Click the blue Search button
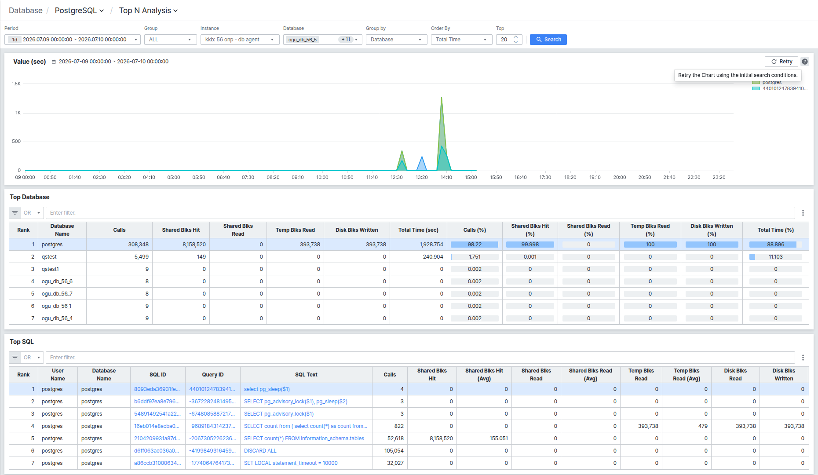pyautogui.click(x=548, y=40)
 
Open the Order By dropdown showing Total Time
pyautogui.click(x=461, y=40)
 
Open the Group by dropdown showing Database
pyautogui.click(x=396, y=40)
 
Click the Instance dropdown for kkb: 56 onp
pyautogui.click(x=240, y=40)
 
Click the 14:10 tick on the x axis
pyautogui.click(x=446, y=177)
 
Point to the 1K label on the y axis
pyautogui.click(x=18, y=113)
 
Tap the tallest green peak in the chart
pyautogui.click(x=442, y=98)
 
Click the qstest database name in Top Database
pyautogui.click(x=49, y=257)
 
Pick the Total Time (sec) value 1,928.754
pyautogui.click(x=431, y=245)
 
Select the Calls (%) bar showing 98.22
pyautogui.click(x=475, y=245)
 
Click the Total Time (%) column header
pyautogui.click(x=776, y=230)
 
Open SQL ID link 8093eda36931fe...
pyautogui.click(x=157, y=389)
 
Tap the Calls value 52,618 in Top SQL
pyautogui.click(x=395, y=438)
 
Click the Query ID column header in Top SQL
pyautogui.click(x=213, y=375)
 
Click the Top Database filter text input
pyautogui.click(x=420, y=213)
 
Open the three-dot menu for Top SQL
pyautogui.click(x=803, y=358)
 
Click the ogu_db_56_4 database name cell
pyautogui.click(x=57, y=318)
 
